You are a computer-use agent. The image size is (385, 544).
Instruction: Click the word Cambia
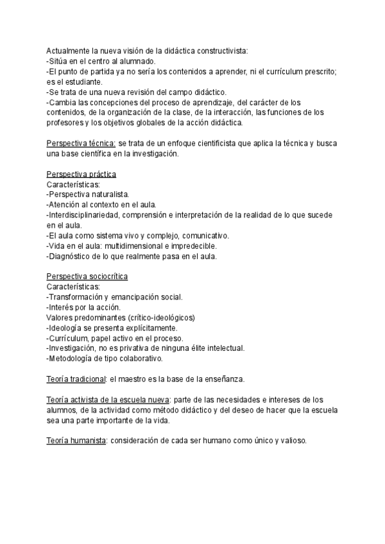pyautogui.click(x=62, y=103)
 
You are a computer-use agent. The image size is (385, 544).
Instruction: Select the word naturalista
pyautogui.click(x=111, y=194)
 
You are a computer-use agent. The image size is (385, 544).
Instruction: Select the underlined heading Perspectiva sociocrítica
pyautogui.click(x=87, y=276)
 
